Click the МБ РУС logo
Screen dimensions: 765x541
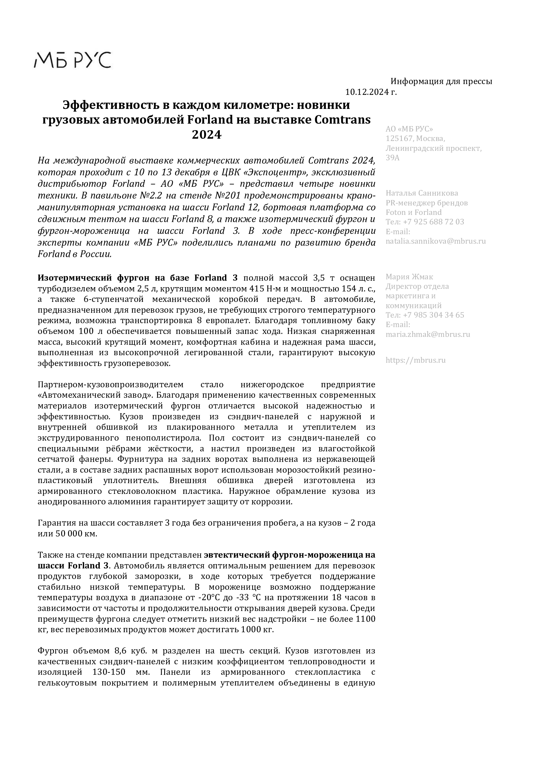click(x=73, y=60)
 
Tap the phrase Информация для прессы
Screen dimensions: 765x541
click(x=441, y=81)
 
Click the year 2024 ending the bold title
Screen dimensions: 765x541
click(x=206, y=135)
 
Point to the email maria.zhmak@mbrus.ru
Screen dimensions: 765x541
click(x=428, y=334)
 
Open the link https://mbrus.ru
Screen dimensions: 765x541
click(x=415, y=360)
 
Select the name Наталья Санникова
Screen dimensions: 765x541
click(x=422, y=193)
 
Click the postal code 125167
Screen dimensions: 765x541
click(x=399, y=138)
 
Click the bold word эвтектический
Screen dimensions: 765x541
click(x=236, y=555)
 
